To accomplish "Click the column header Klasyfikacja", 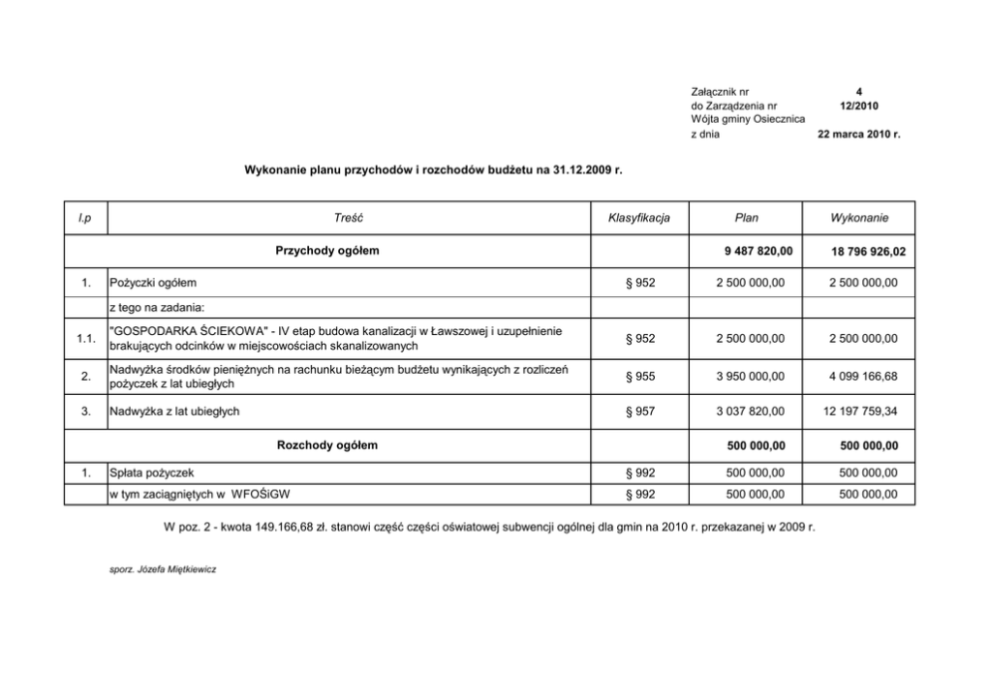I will click(639, 217).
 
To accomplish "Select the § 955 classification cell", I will click(640, 376).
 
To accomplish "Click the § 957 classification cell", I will click(640, 411).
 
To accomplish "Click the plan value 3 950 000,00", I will click(750, 376).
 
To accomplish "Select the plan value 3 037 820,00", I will click(750, 411).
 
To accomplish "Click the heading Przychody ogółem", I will click(327, 250).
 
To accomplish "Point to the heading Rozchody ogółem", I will click(327, 445).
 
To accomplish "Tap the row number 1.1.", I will click(86, 339).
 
